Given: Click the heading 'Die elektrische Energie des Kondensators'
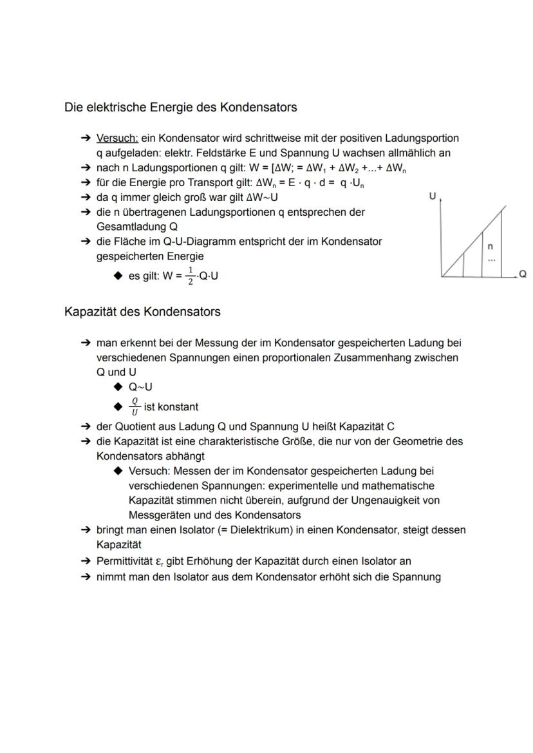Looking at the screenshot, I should [180, 108].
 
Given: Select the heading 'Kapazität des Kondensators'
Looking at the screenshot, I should [142, 312].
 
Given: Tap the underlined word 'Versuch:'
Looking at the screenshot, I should [117, 138].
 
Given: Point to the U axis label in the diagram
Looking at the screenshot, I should [433, 196].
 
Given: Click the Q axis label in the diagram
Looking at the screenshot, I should [522, 274].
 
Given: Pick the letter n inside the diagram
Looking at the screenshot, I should [491, 247].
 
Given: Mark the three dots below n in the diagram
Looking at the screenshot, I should [491, 259].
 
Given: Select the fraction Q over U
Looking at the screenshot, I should [134, 407].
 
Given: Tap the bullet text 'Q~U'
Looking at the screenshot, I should [140, 387].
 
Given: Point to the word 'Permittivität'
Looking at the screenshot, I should [126, 561].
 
